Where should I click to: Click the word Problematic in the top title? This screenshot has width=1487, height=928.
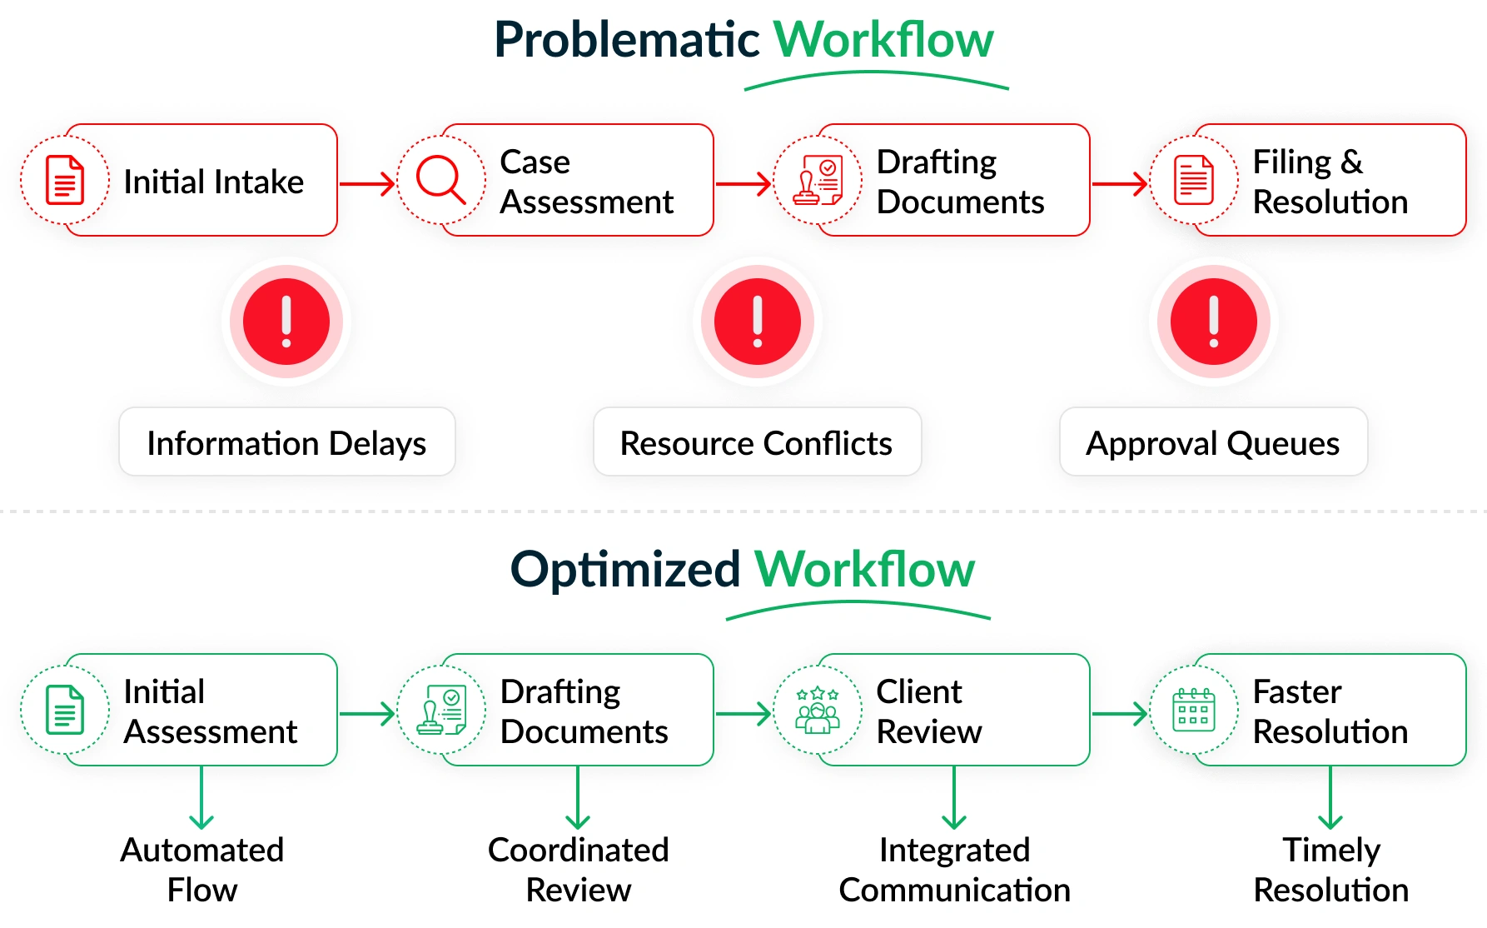[626, 40]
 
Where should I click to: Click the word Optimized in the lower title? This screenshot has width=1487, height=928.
[624, 570]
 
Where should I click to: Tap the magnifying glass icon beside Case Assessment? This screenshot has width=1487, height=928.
[440, 180]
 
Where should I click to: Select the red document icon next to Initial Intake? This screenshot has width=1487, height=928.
[65, 180]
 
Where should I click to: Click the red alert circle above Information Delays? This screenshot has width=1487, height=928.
[286, 322]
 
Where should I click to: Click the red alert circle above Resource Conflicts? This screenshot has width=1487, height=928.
[758, 322]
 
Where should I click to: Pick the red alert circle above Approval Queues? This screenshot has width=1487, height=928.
[1213, 322]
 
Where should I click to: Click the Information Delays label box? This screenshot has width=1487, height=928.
[286, 442]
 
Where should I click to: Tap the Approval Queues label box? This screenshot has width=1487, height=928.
[1213, 442]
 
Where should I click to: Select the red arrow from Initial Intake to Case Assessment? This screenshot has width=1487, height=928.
[367, 183]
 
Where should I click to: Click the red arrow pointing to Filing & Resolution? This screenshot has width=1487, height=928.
[1120, 183]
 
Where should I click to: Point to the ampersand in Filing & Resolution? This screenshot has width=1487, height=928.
[1351, 162]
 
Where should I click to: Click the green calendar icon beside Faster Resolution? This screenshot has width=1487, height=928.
[1194, 711]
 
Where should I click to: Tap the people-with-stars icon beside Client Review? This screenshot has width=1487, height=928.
[818, 711]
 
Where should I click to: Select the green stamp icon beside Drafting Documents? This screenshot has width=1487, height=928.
[441, 711]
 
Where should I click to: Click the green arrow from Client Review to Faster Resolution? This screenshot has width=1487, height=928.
[1120, 714]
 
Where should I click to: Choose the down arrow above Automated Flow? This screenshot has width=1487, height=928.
[201, 798]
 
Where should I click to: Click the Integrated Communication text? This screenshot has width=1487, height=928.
[954, 870]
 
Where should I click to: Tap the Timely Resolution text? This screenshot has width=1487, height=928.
[1330, 870]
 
